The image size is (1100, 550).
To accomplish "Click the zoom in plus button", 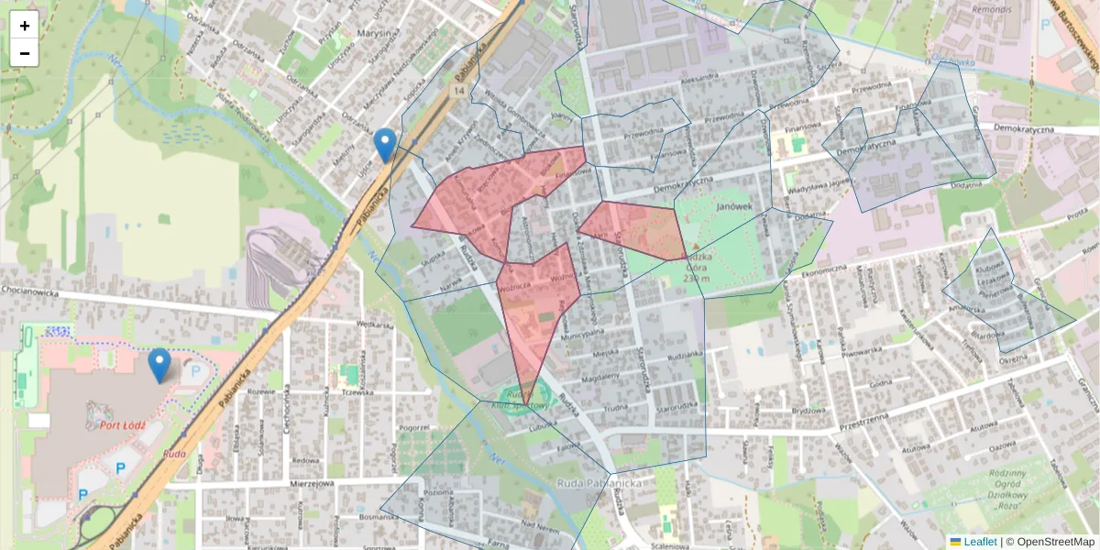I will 25,26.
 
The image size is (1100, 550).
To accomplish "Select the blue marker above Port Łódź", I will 159,365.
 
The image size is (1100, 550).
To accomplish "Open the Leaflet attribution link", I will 980,542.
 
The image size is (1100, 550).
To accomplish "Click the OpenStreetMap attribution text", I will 1050,542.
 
